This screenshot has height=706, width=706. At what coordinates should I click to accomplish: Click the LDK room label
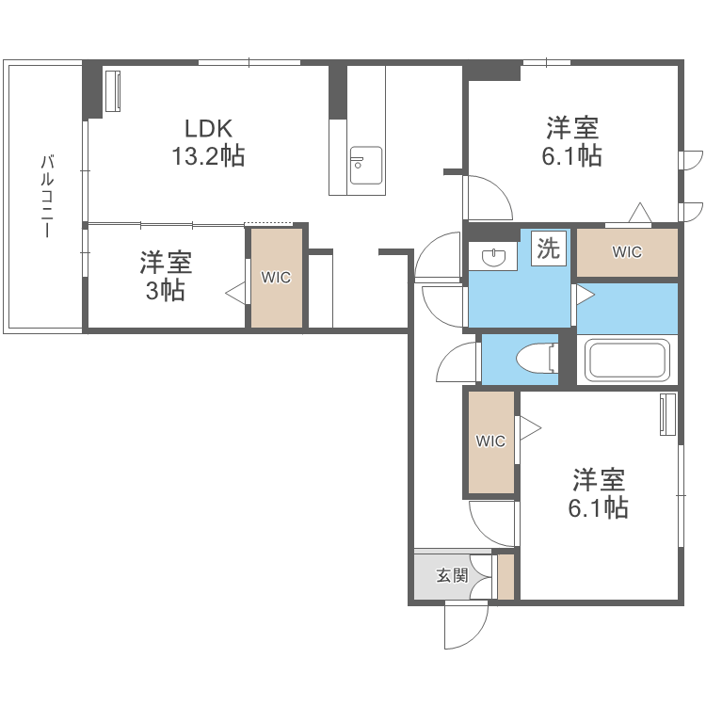(207, 128)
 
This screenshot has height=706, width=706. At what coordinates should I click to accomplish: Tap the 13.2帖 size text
(207, 156)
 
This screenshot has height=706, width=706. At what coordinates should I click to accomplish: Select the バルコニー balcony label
(46, 196)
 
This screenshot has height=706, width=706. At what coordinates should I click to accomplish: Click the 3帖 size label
(165, 291)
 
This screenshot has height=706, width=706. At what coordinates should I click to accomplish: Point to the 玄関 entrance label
(452, 574)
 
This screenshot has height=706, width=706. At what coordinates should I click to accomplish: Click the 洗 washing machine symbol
(548, 249)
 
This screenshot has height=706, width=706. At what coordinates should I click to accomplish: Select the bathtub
(627, 360)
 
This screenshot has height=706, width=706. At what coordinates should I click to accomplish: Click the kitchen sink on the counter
(364, 166)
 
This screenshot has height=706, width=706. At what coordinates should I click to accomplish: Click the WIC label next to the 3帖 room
(277, 278)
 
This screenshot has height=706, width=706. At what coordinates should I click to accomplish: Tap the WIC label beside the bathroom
(627, 252)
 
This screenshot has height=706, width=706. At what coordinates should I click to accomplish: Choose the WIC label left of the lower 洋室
(490, 441)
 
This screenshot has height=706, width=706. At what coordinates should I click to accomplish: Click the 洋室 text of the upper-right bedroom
(572, 128)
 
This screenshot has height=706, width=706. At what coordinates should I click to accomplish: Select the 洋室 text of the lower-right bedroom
(599, 480)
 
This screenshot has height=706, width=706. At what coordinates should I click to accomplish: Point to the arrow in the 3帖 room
(235, 293)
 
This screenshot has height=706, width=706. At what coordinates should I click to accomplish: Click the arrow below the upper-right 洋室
(641, 213)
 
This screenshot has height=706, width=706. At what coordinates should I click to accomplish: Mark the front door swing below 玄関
(465, 625)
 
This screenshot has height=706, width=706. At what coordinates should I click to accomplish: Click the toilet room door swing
(457, 362)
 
